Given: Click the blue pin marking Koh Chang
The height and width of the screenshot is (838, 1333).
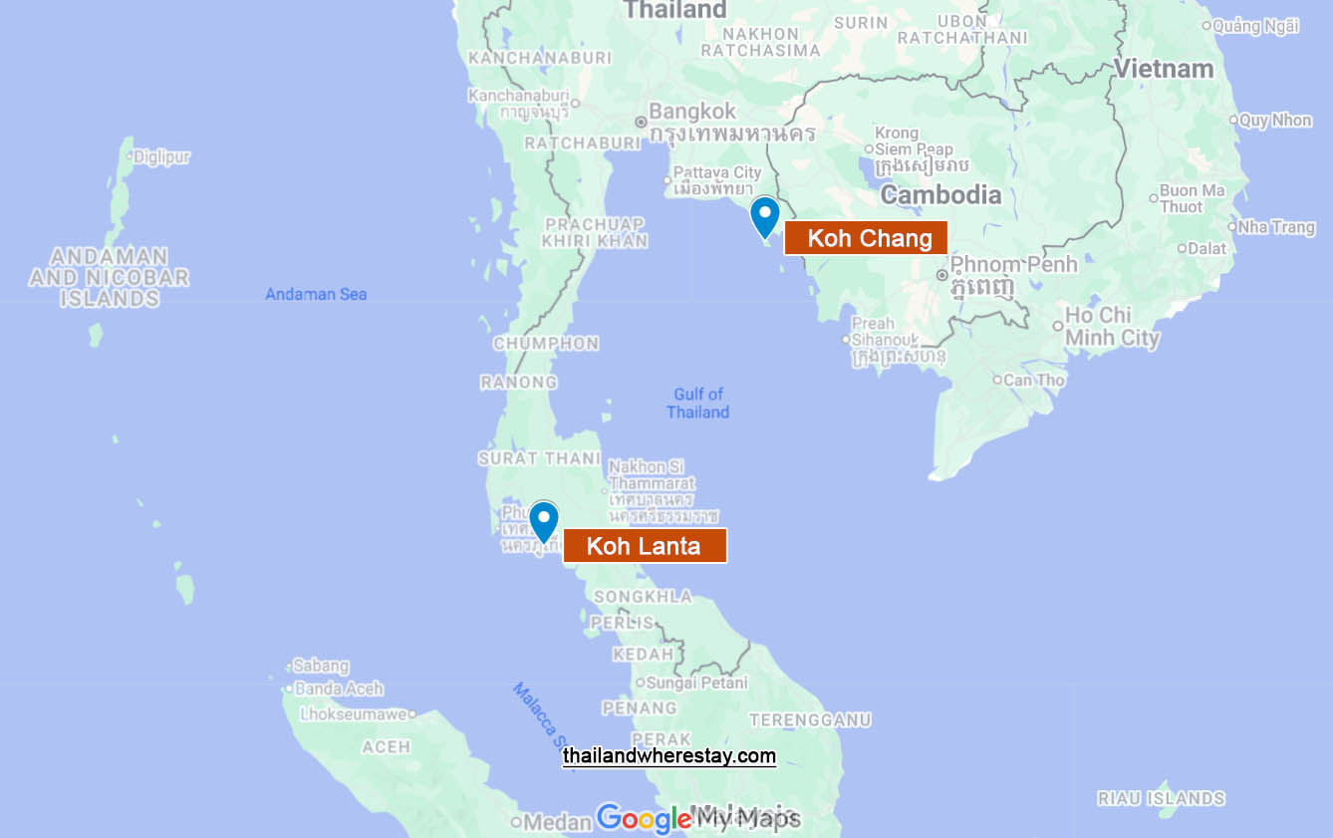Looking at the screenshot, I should [x=764, y=215].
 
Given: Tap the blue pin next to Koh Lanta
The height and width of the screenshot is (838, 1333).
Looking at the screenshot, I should [x=543, y=520].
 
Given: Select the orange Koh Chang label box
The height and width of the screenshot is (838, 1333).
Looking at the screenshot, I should [x=866, y=238].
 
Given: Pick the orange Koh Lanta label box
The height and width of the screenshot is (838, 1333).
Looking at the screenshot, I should [x=645, y=546].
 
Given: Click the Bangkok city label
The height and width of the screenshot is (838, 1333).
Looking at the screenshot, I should [x=692, y=112].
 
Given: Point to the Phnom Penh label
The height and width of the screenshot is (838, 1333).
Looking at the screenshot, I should [x=1013, y=265].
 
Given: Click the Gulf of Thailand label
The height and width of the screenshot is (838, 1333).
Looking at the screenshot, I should [x=698, y=403].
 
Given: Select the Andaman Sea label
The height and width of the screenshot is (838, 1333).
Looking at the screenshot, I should [x=316, y=294].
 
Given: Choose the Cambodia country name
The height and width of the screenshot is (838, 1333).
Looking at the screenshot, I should [x=940, y=194].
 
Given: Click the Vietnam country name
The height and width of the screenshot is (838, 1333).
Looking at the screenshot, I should [x=1164, y=69].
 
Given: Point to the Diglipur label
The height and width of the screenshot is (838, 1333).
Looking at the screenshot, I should [x=161, y=156].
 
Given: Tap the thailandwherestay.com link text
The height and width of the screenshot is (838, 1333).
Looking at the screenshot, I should [x=668, y=756].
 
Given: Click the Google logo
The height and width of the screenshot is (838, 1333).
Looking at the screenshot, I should [x=644, y=819].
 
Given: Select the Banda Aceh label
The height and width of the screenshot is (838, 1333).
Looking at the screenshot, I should [x=339, y=689].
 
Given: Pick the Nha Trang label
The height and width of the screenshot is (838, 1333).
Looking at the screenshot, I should [x=1276, y=227].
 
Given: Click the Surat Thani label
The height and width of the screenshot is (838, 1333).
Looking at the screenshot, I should [x=539, y=458].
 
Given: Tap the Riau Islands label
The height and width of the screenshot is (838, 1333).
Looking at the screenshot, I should [x=1161, y=798].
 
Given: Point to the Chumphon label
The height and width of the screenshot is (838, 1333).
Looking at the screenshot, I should [x=546, y=344].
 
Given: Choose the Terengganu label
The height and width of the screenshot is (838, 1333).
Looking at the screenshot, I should [x=810, y=719].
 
